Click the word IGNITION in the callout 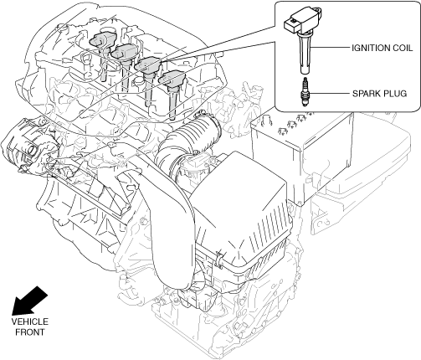click(x=371, y=48)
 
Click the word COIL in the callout click(x=403, y=48)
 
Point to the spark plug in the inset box click(x=305, y=92)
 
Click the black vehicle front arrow click(x=29, y=301)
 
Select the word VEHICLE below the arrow click(x=30, y=321)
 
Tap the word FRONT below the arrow click(x=30, y=332)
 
